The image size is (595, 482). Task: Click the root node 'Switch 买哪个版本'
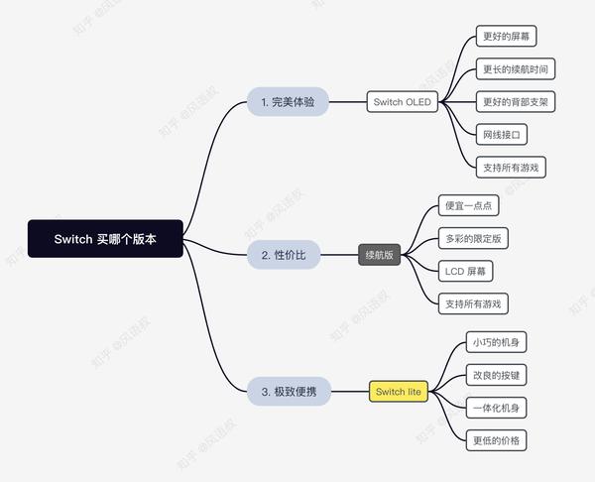tap(105, 239)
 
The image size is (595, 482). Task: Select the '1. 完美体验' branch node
tap(288, 101)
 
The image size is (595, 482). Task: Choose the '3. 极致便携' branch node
tap(289, 392)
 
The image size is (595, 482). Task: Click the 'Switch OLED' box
tap(403, 101)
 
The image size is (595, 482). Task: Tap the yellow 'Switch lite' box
tap(399, 392)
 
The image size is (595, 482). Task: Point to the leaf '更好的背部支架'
tap(514, 101)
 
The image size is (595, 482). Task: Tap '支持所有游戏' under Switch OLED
tap(510, 166)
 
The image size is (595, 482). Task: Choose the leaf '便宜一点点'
tap(468, 206)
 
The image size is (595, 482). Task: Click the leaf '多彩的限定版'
tap(473, 239)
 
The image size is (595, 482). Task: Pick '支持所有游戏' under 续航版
tap(472, 302)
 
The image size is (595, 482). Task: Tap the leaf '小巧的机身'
tap(496, 343)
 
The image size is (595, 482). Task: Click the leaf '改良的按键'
tap(496, 375)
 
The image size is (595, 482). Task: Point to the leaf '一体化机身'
tap(496, 407)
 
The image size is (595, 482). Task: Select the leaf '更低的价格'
tap(496, 439)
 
